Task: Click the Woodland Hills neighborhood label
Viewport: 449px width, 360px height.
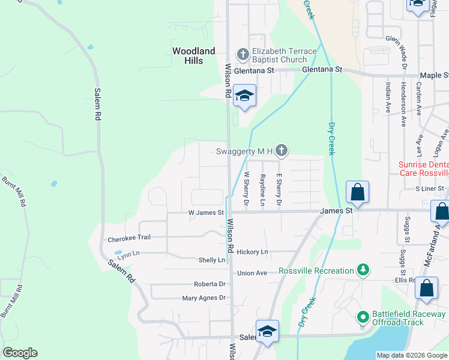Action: (193, 56)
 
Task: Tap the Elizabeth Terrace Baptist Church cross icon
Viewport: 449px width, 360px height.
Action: (243, 55)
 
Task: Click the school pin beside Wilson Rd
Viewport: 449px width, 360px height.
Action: (245, 96)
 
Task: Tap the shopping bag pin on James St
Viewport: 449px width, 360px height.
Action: (357, 193)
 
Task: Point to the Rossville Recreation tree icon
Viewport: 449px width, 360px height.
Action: (363, 271)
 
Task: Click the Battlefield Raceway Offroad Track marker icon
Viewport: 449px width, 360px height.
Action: (363, 316)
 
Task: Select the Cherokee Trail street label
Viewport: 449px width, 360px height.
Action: (128, 239)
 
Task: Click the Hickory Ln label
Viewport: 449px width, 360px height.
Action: (253, 252)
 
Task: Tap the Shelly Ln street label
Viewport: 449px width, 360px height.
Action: (212, 260)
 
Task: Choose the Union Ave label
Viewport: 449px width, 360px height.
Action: (252, 273)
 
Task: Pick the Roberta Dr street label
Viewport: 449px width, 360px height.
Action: (209, 284)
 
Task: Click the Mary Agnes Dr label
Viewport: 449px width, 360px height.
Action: (205, 298)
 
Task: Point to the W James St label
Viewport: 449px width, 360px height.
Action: (206, 212)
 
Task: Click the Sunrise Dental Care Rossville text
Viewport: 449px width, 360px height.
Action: (424, 169)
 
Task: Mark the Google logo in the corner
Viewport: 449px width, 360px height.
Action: (20, 353)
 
